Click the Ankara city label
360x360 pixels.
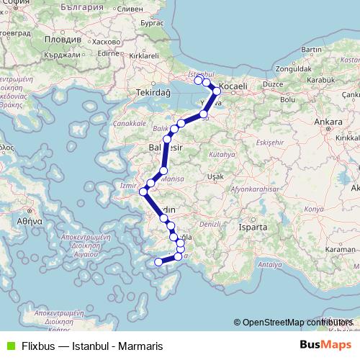click(x=327, y=122)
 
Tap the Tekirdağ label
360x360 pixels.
click(x=152, y=93)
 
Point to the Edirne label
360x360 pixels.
click(x=107, y=53)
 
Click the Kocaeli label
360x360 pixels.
click(x=233, y=86)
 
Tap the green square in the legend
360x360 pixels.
click(x=8, y=346)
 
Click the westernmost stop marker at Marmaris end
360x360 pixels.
click(x=158, y=262)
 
